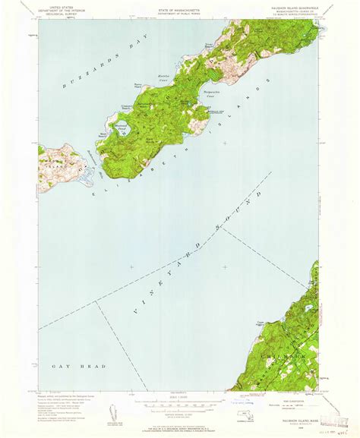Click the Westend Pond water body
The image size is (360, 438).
[x=122, y=131]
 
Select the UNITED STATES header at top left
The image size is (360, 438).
[x=60, y=7]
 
